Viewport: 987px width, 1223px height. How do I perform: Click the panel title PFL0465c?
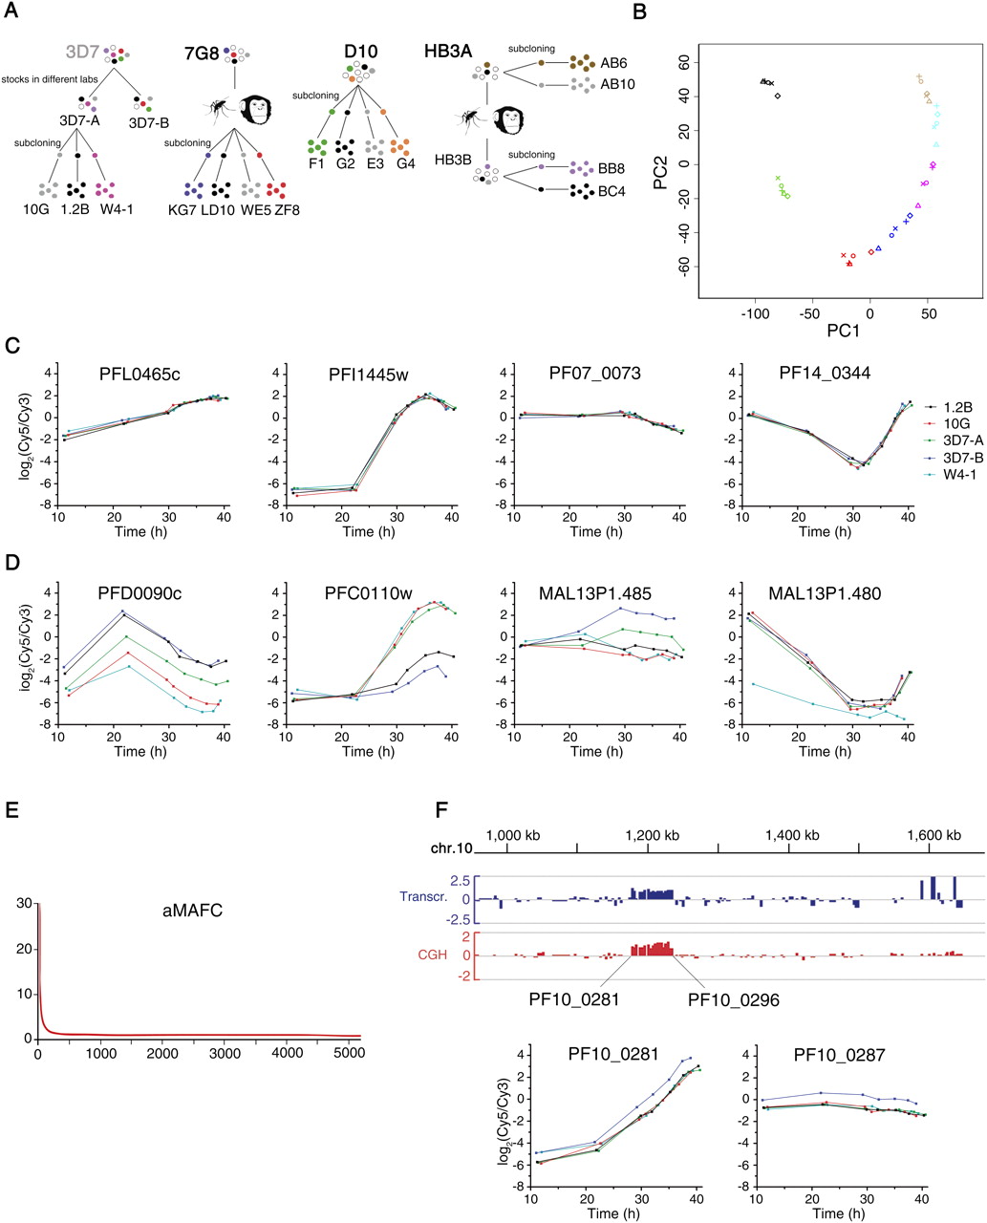(139, 375)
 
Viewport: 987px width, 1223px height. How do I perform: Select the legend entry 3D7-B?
(963, 458)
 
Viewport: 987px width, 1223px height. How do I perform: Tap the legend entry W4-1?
(959, 474)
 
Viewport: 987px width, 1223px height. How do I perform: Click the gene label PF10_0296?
(733, 999)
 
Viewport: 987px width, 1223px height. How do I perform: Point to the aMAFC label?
(192, 910)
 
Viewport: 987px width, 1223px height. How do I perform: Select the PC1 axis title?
(843, 331)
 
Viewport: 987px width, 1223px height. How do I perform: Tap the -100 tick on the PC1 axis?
(755, 313)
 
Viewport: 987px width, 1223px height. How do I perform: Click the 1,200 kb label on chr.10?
(652, 835)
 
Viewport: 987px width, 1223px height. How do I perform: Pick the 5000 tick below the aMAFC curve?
(349, 1053)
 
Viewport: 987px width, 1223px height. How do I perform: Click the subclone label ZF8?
(287, 209)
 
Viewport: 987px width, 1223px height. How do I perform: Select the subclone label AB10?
(617, 84)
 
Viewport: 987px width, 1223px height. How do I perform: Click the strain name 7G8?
(201, 54)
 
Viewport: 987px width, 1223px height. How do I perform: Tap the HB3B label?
(453, 160)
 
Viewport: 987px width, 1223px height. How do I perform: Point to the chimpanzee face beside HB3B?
(507, 120)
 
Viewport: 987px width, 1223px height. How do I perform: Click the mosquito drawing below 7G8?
(219, 107)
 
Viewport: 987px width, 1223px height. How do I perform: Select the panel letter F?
(441, 809)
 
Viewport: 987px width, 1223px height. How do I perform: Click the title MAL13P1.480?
(825, 593)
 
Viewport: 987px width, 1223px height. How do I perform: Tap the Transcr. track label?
(423, 896)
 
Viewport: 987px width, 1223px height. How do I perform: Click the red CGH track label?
(433, 955)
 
